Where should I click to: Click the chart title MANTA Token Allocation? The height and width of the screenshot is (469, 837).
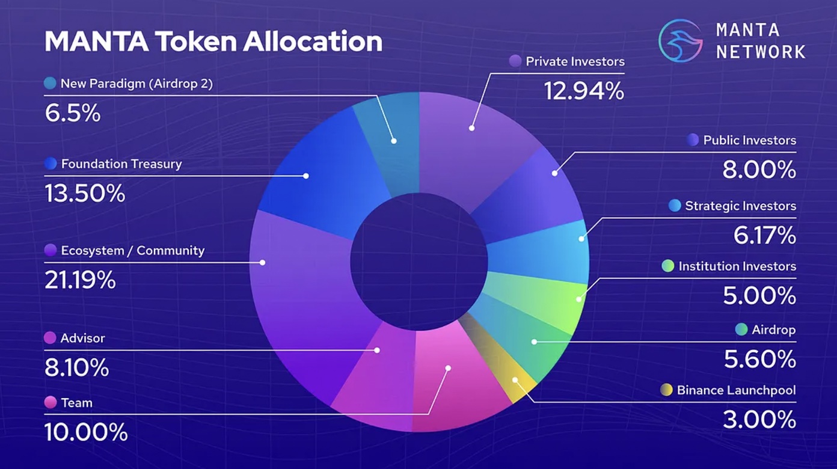pos(213,41)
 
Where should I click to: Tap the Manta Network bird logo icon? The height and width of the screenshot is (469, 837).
pos(681,41)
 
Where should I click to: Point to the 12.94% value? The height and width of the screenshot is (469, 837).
pos(584,91)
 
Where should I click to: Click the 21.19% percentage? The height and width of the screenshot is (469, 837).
pos(80,280)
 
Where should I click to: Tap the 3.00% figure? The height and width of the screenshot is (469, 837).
pos(759,419)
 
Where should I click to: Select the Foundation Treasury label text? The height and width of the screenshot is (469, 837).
pos(121,164)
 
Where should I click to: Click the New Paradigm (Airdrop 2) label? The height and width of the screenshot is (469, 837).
pos(136,84)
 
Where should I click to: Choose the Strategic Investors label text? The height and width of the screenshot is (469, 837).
pos(740,206)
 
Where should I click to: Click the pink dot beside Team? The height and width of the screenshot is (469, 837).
pos(51,402)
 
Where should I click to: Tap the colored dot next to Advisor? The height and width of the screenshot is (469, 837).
pos(51,338)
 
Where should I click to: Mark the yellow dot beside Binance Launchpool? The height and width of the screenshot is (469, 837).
pos(666,390)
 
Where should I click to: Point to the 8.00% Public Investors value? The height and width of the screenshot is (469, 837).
pos(759,170)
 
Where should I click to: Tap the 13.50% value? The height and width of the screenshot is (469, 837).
pos(85,194)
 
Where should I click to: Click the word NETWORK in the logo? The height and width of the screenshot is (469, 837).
pos(760,52)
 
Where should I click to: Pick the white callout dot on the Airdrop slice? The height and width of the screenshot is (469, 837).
pos(533,342)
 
